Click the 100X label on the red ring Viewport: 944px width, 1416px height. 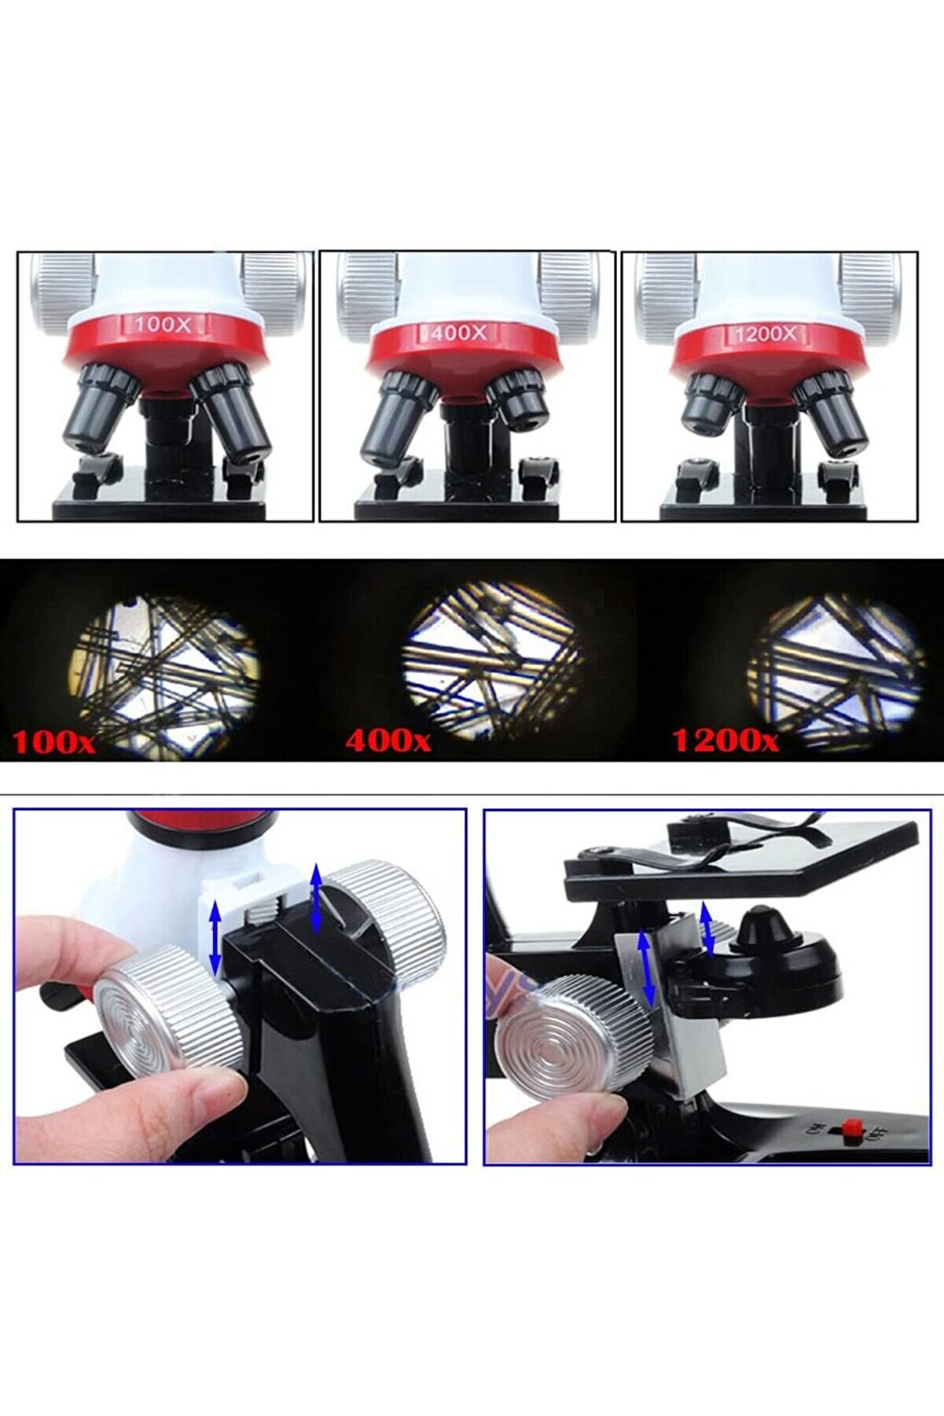162,324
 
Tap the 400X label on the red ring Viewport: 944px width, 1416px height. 459,333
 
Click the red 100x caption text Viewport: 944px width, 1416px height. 53,742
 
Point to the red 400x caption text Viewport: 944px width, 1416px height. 388,741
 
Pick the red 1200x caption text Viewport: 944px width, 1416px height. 725,741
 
